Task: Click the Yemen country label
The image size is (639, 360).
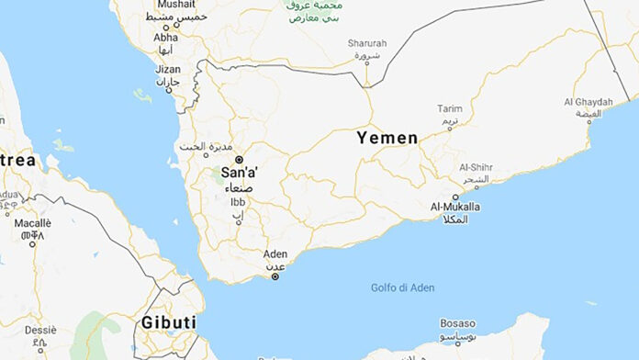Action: (x=387, y=138)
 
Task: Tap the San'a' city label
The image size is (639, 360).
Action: (x=239, y=173)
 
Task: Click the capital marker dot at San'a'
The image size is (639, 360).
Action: (x=239, y=160)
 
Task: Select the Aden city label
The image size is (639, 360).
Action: (x=275, y=253)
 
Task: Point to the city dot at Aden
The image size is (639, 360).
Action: (x=275, y=276)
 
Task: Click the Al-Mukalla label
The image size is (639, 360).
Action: (x=454, y=208)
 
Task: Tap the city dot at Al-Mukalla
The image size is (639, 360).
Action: (x=456, y=197)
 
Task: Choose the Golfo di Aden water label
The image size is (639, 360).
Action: (x=402, y=287)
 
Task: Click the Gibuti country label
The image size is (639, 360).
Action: (x=168, y=322)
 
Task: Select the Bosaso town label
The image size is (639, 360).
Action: (x=456, y=324)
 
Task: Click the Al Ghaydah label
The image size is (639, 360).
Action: (x=589, y=101)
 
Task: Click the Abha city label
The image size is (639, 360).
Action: (x=166, y=38)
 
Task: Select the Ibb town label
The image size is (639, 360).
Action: (x=238, y=202)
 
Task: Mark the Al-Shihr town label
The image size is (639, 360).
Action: (x=476, y=167)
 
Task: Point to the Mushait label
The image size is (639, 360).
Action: (x=176, y=5)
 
